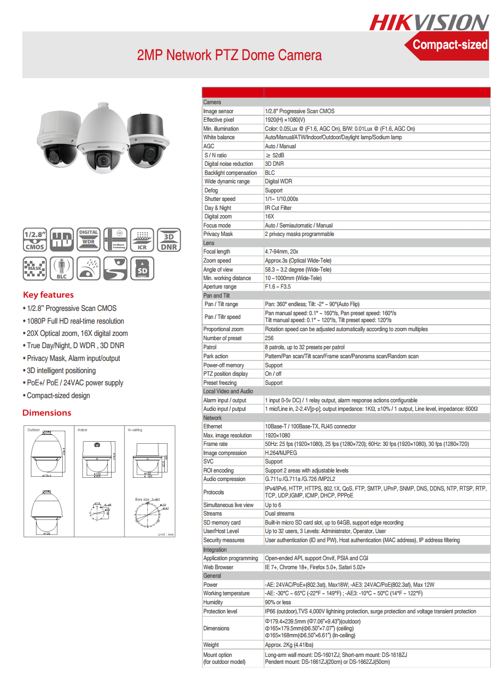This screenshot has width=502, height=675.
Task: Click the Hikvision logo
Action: click(429, 22)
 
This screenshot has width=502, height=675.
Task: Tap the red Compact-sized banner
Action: click(450, 45)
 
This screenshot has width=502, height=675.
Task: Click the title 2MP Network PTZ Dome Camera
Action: click(229, 55)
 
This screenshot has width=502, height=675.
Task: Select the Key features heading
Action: click(48, 295)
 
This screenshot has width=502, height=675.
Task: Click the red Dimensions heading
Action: click(47, 413)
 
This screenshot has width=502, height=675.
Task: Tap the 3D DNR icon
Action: click(169, 240)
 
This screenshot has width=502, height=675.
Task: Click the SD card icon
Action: click(141, 268)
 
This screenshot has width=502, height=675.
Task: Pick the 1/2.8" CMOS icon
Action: click(35, 240)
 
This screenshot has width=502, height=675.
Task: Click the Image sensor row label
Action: click(218, 111)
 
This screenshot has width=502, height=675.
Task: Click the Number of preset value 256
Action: click(269, 338)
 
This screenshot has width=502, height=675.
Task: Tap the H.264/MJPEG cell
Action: click(281, 453)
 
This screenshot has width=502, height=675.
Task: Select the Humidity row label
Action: click(213, 602)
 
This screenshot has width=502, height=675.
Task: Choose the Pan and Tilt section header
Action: click(216, 296)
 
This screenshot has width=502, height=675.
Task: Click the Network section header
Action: click(213, 418)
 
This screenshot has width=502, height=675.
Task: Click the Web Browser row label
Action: click(218, 567)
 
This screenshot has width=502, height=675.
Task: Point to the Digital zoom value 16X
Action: click(270, 216)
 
